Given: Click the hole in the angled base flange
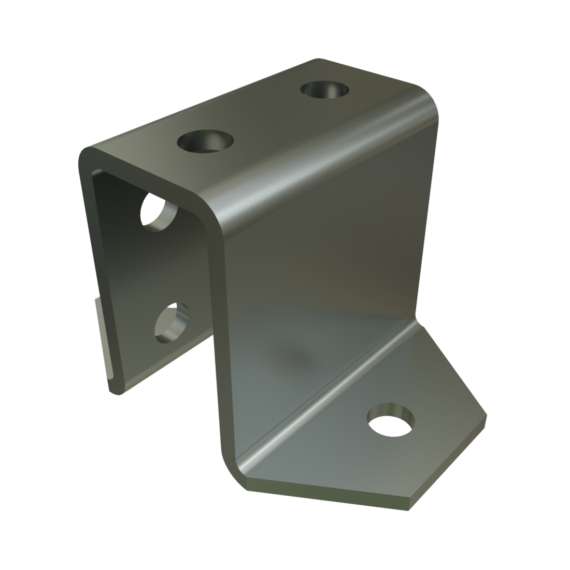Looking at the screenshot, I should pos(392,419).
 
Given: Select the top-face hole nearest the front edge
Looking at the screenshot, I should pos(205,141).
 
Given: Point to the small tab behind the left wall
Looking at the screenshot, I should pos(103,337).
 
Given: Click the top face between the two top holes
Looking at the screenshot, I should pos(264,117).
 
